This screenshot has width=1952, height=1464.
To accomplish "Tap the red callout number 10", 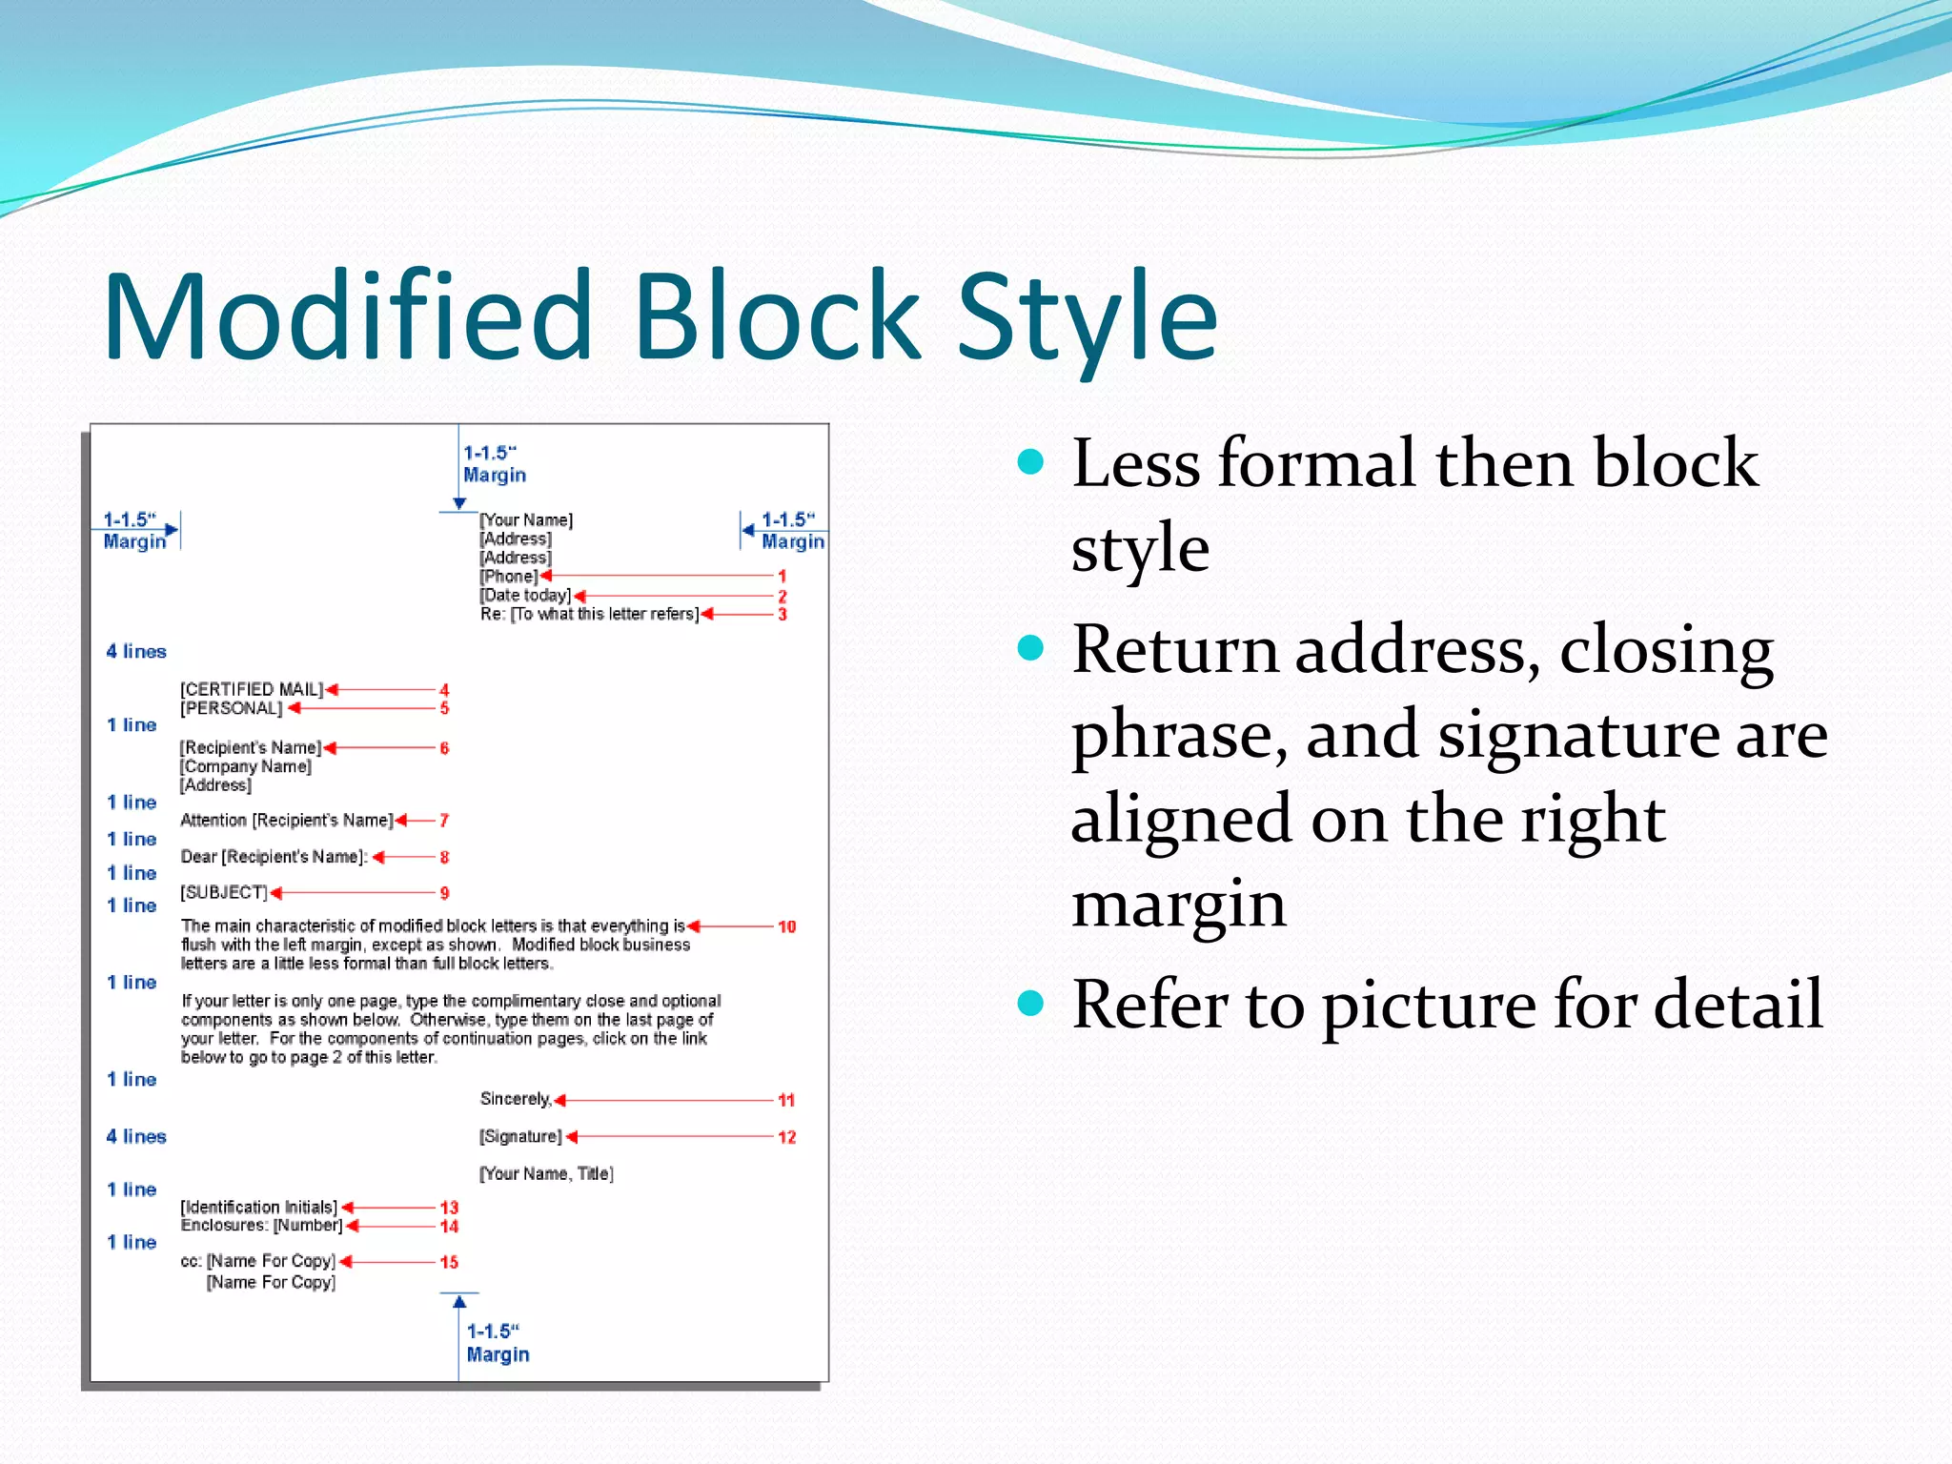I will [x=786, y=926].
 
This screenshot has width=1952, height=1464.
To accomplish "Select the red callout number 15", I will [x=449, y=1262].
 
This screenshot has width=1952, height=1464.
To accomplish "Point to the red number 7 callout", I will [x=444, y=821].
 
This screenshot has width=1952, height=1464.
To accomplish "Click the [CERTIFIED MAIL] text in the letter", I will [x=252, y=689].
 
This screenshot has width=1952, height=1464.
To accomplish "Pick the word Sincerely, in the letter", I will [x=516, y=1099].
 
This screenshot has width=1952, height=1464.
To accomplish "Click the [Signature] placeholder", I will [x=520, y=1136].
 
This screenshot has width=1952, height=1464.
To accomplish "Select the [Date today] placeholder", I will [x=525, y=595].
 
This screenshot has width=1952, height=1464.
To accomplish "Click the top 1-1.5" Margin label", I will [x=494, y=464].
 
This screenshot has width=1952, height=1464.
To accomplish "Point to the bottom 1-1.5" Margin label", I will [x=497, y=1343].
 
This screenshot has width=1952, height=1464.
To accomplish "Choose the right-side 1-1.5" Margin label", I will [x=792, y=531].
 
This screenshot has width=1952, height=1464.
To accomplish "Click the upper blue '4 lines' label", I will [x=136, y=651].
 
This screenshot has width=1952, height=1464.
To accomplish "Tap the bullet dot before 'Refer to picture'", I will [x=1030, y=1003].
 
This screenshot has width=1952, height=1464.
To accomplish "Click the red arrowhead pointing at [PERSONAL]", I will [x=295, y=708].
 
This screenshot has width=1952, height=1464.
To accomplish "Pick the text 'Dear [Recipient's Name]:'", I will [x=274, y=857].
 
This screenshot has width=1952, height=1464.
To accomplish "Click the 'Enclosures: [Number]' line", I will [x=261, y=1225].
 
